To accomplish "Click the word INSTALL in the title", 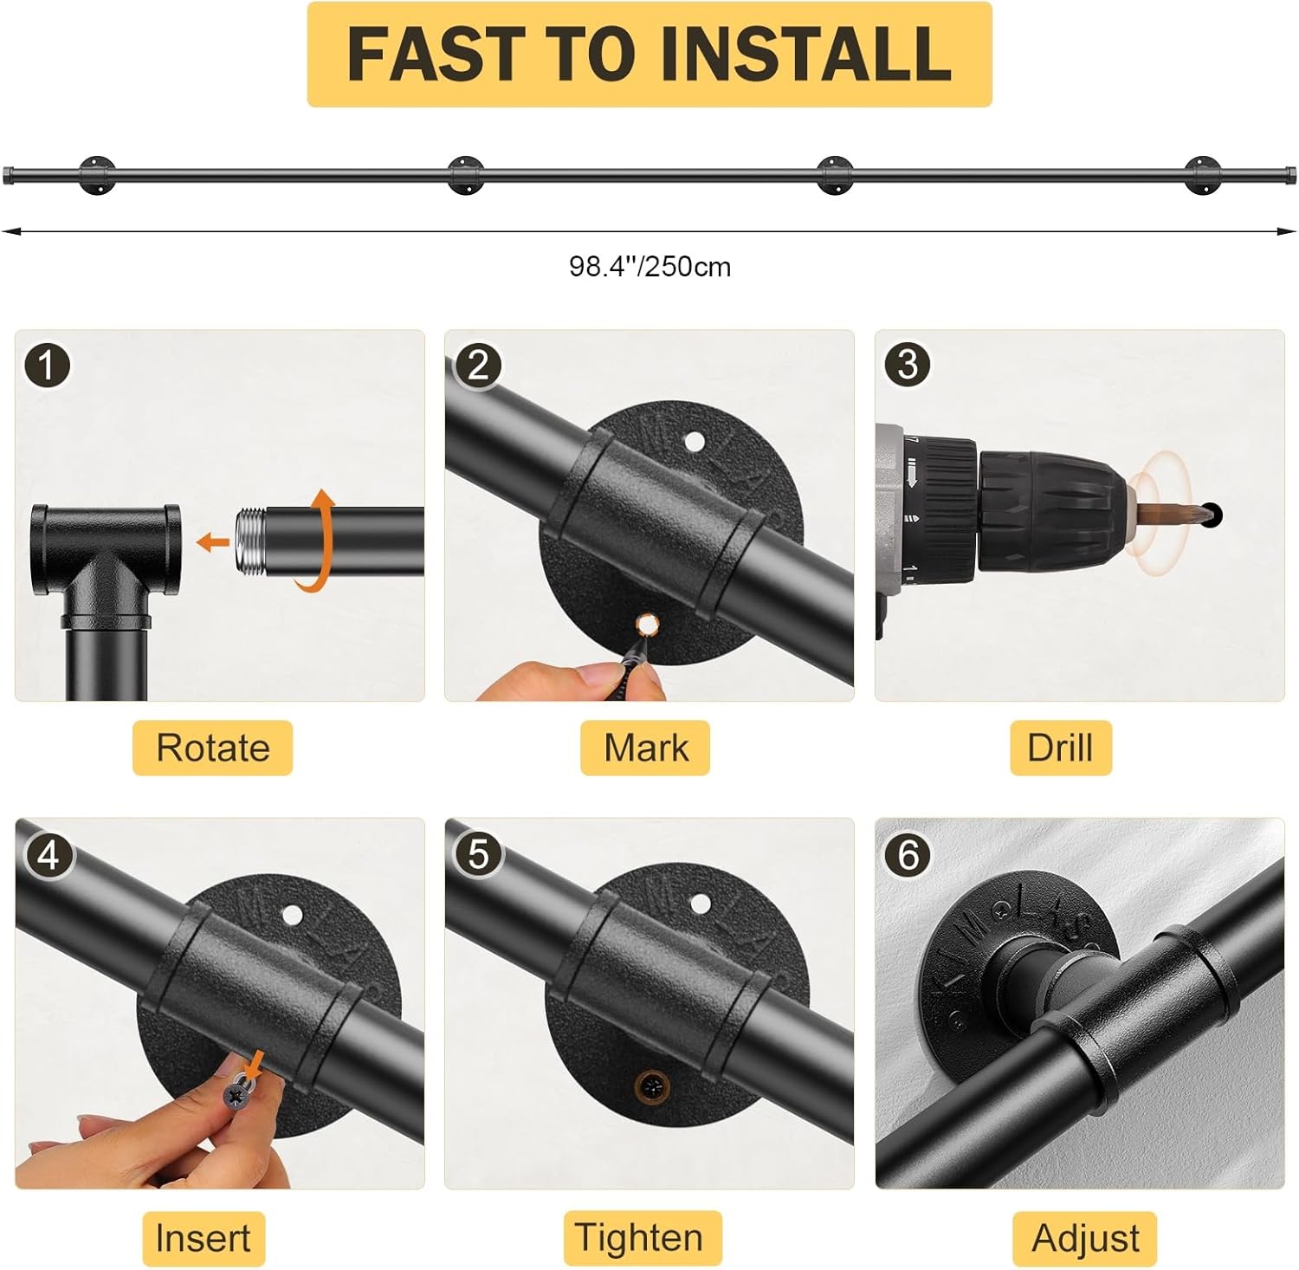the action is coord(806,54).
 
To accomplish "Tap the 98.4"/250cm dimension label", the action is coord(649,267).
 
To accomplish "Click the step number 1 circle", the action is coord(47,366).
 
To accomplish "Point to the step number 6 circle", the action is coord(908,856).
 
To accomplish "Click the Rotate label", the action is coord(213,748).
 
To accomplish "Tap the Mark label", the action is coord(646,748).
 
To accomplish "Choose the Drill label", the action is coord(1060,748).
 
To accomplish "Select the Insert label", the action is coord(203,1238).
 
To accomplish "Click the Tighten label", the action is coord(640,1238).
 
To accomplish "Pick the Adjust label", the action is coord(1085,1238).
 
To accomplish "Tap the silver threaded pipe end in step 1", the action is coord(250,541).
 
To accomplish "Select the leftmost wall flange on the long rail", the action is coord(97,175).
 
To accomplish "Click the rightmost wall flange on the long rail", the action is coord(1202,175).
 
